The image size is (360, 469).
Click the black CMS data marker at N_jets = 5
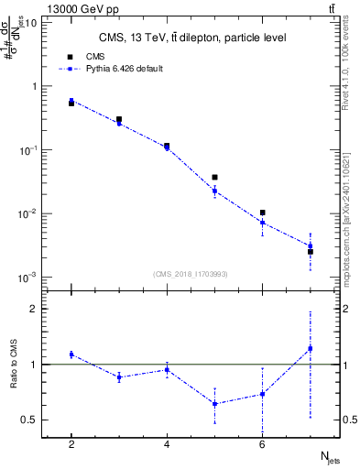(x=214, y=178)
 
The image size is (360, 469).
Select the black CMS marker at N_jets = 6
(x=263, y=213)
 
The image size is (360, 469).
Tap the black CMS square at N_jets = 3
(x=119, y=119)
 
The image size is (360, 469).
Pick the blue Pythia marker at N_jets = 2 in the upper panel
(x=71, y=101)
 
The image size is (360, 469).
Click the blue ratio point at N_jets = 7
(x=311, y=348)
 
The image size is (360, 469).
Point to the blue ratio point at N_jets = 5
(x=214, y=403)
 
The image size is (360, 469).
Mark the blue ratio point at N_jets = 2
(x=71, y=354)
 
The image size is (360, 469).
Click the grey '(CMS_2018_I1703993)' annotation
(x=191, y=274)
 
